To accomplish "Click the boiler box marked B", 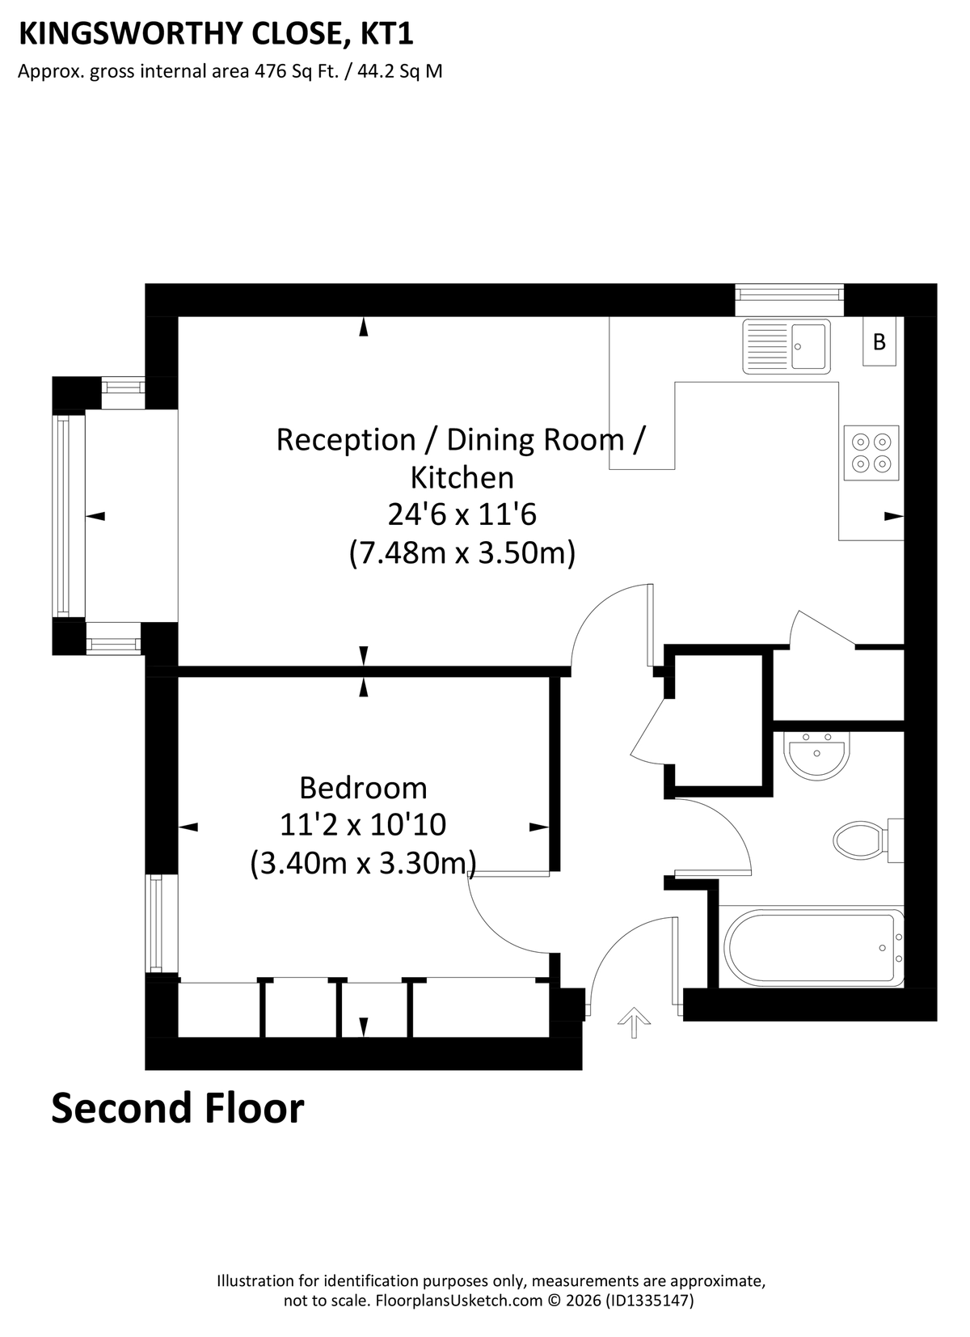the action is (x=879, y=341).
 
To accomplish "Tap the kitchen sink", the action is (x=786, y=346).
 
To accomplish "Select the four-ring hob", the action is (x=871, y=452).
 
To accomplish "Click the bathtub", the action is (x=814, y=947).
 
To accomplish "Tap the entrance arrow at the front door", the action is (x=634, y=1022).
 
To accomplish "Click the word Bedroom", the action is (x=363, y=788).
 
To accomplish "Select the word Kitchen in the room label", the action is (x=462, y=477).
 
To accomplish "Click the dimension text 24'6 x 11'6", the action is (x=462, y=514).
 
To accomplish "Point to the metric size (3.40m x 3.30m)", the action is (x=363, y=863).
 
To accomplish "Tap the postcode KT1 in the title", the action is (x=386, y=34).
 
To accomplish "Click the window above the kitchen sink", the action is (x=789, y=299).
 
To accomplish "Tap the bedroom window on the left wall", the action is (x=155, y=923).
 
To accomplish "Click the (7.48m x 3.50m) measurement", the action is (x=462, y=552).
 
